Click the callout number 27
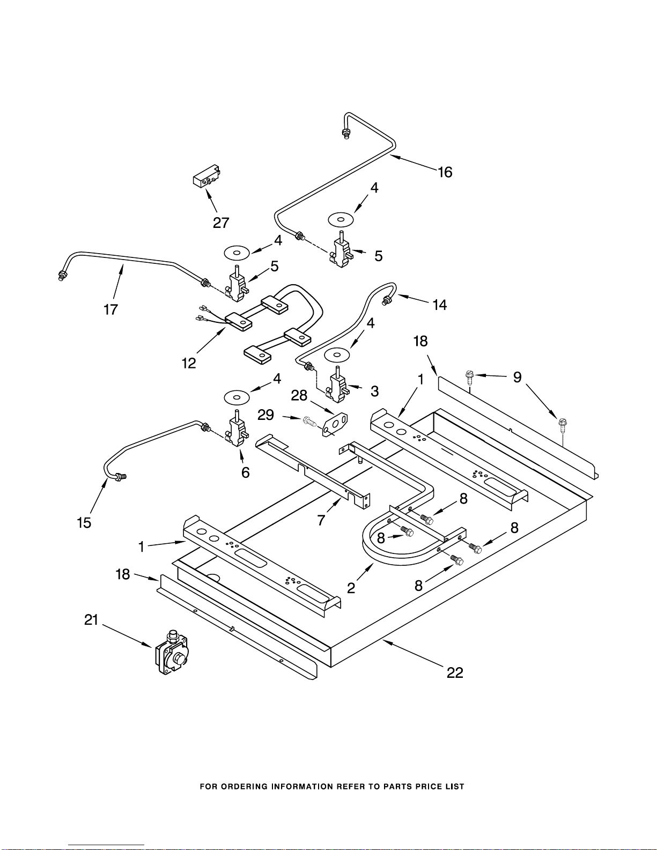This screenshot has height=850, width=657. click(221, 223)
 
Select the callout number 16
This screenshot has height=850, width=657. click(445, 172)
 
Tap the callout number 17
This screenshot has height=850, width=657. click(110, 309)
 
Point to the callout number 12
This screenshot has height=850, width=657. click(189, 364)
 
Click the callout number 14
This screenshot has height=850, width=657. click(440, 305)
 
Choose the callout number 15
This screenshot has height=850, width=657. click(84, 522)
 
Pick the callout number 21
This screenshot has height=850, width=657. click(91, 619)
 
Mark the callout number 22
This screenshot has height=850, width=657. click(455, 672)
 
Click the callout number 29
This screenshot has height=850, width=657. click(265, 415)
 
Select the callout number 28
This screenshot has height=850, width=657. click(299, 395)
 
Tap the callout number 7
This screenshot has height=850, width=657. click(321, 520)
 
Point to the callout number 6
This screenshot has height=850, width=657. click(246, 472)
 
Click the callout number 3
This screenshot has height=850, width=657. click(375, 391)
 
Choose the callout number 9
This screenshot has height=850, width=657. click(518, 377)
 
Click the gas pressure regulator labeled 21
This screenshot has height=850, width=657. click(171, 652)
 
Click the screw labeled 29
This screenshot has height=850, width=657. click(310, 422)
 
